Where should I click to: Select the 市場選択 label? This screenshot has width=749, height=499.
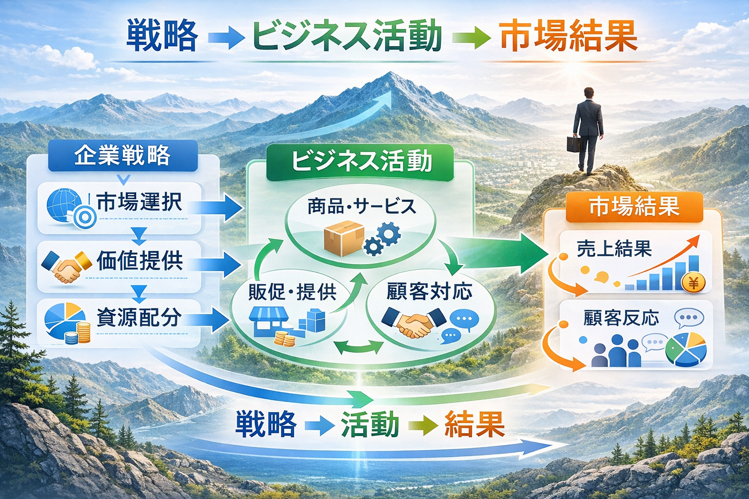[x=139, y=202]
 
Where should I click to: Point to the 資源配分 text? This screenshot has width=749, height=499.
[x=139, y=318]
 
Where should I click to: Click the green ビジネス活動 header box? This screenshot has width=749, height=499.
[x=361, y=162]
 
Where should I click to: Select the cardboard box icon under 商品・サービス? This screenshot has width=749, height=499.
[x=344, y=238]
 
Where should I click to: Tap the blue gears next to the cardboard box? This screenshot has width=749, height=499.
[x=383, y=239]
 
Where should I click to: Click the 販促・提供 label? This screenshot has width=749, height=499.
[x=293, y=292]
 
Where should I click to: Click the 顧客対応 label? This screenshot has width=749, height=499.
[x=429, y=292]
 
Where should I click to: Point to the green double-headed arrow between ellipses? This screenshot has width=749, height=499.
[x=360, y=347]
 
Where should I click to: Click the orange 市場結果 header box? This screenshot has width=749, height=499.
[x=634, y=207]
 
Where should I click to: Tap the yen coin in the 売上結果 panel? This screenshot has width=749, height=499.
[x=693, y=282]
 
